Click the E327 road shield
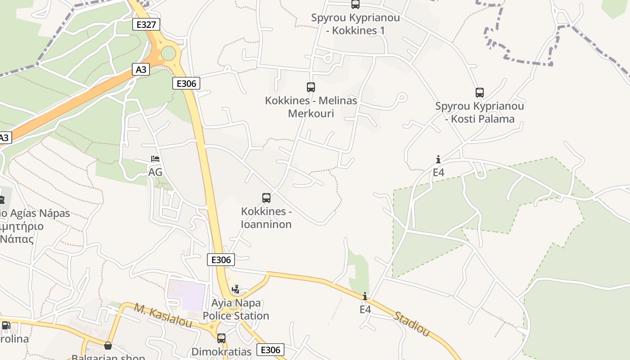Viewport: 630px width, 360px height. click(146, 24)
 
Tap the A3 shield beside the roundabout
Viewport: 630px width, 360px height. click(141, 69)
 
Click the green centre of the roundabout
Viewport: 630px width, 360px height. click(168, 53)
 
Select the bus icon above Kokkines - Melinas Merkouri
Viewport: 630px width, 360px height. click(310, 87)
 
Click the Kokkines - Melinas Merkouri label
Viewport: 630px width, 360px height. click(311, 107)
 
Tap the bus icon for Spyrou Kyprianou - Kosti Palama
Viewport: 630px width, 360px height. click(480, 93)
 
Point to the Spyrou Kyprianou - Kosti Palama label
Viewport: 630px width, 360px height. click(480, 112)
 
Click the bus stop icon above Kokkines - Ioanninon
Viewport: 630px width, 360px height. click(266, 198)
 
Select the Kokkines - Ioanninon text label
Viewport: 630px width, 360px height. click(266, 218)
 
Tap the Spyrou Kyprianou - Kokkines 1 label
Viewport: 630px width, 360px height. click(349, 24)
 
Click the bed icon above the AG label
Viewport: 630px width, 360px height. click(155, 159)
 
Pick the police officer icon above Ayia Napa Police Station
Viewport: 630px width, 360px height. click(235, 289)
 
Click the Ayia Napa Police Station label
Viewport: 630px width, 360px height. click(236, 310)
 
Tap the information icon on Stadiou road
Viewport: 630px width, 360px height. click(365, 296)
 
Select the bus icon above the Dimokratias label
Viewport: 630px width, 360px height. click(221, 338)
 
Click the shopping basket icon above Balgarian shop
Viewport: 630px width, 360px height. click(108, 346)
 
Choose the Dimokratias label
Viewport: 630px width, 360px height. click(221, 351)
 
